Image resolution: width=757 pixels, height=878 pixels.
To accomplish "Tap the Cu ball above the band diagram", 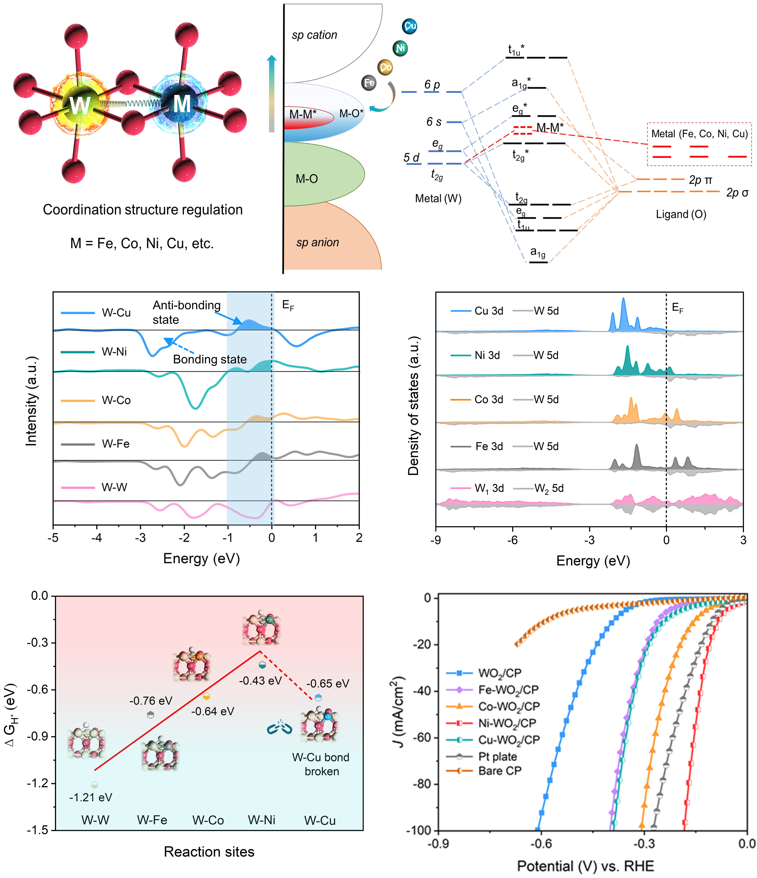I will point(409,26).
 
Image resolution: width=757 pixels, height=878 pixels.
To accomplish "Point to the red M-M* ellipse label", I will point(303,114).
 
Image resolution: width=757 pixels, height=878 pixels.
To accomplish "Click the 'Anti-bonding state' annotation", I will point(186,312).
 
